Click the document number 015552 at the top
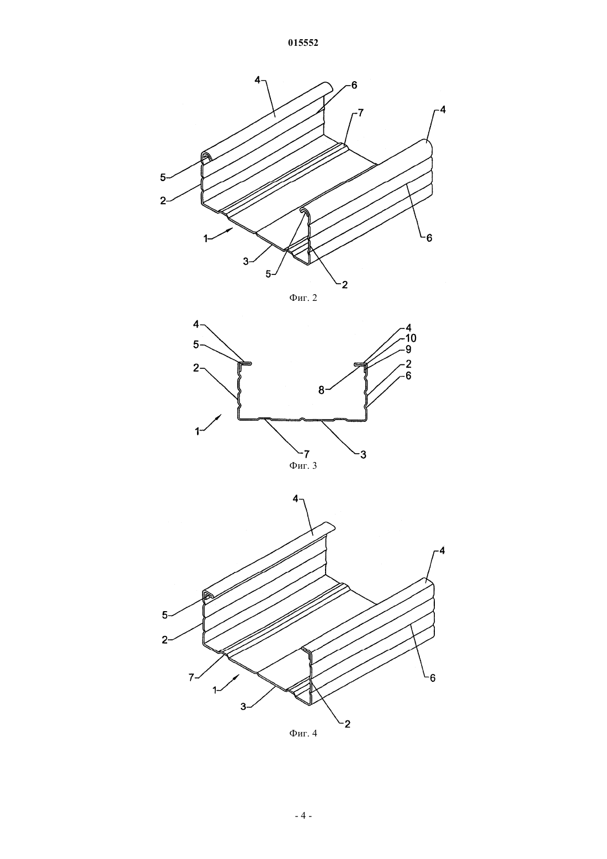(x=303, y=43)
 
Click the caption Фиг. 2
(x=303, y=298)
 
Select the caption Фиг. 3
(x=303, y=465)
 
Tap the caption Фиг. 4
(x=303, y=733)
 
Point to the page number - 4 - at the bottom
(x=303, y=816)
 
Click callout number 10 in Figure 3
(x=411, y=338)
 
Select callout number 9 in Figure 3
(x=408, y=349)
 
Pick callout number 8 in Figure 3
(x=321, y=390)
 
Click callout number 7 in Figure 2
(x=360, y=113)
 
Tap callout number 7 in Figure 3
(x=306, y=454)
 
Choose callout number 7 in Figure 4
(x=191, y=678)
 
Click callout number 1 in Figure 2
(x=206, y=238)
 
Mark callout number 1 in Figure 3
(x=198, y=431)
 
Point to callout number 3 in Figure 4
(x=243, y=707)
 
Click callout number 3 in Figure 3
(x=363, y=455)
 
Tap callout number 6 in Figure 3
(x=408, y=375)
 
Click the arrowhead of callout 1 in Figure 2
(x=230, y=229)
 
